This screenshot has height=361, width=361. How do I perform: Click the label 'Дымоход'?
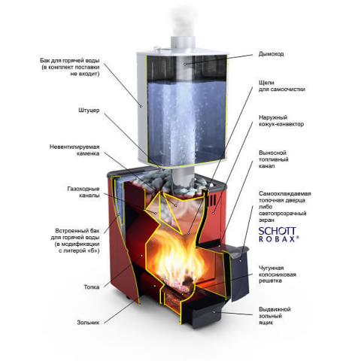(x=271, y=54)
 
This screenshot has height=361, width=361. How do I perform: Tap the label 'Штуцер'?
(x=89, y=111)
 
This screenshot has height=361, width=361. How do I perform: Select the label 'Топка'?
(x=92, y=287)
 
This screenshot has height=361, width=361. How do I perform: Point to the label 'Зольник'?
(x=88, y=323)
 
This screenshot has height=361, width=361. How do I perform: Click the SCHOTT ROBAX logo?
(x=278, y=235)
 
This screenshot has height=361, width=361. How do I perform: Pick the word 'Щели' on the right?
(x=266, y=83)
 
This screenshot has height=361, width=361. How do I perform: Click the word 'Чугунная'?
(x=271, y=268)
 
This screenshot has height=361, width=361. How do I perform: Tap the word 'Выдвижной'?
(x=275, y=309)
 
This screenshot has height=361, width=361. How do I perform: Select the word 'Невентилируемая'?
(x=74, y=147)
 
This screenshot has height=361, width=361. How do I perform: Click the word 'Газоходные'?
(x=83, y=189)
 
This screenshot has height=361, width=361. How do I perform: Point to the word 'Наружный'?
(x=273, y=117)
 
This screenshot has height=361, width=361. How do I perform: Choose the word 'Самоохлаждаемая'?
(x=285, y=193)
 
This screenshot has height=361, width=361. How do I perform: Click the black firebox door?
(x=238, y=271)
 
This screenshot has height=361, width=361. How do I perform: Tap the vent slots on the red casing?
(x=212, y=200)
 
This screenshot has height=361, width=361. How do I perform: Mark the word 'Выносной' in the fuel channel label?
(x=272, y=153)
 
